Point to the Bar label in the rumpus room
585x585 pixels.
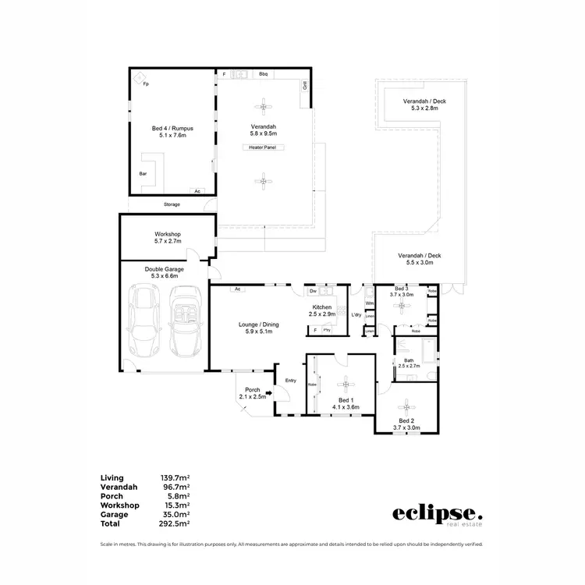(143, 173)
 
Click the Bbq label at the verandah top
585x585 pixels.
(264, 74)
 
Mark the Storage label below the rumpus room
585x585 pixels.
(172, 204)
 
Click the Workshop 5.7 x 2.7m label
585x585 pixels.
(168, 238)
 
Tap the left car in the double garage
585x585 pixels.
(147, 321)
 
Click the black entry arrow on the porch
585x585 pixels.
(269, 394)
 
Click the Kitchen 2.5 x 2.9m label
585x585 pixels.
(323, 311)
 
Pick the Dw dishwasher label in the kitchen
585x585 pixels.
(312, 291)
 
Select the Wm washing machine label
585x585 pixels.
(369, 303)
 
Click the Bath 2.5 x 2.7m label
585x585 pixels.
(409, 362)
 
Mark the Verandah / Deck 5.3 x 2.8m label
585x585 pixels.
(420, 105)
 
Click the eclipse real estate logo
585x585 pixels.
(437, 515)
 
